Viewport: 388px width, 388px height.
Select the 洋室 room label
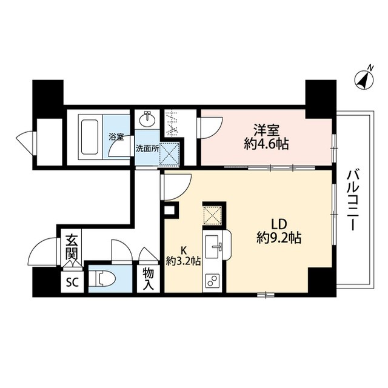tap(267, 130)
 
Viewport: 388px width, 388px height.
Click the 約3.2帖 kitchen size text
tap(182, 262)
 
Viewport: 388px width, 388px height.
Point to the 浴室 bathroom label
tap(116, 137)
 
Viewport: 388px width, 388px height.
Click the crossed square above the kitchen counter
tap(213, 215)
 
